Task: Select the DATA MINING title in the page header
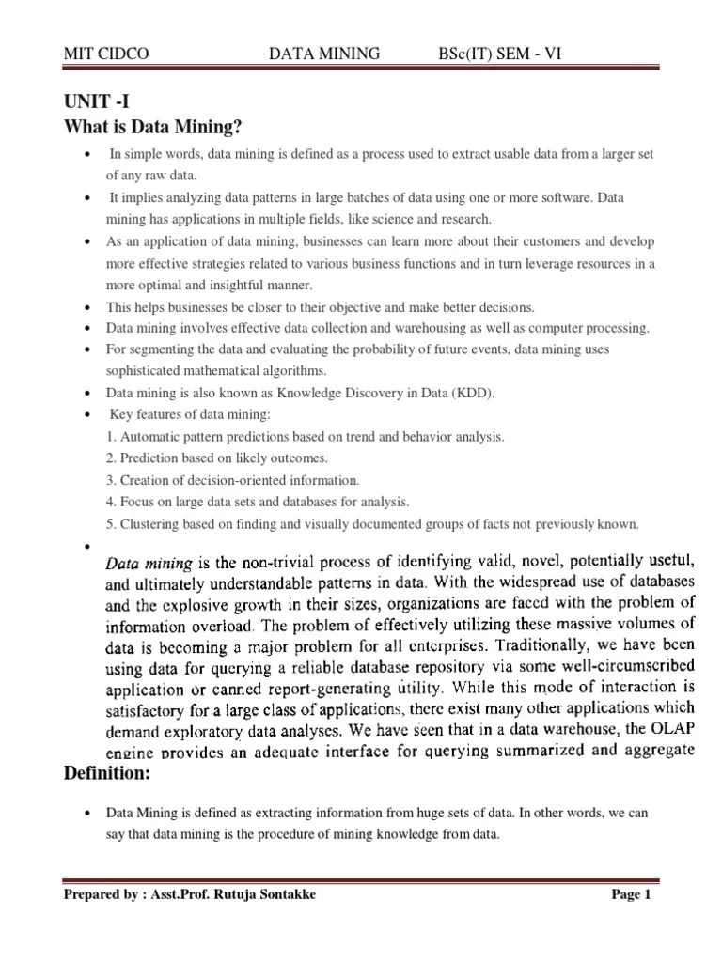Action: [324, 54]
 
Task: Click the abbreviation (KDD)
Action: [473, 393]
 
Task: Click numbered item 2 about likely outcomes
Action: [216, 458]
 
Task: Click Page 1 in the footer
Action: [631, 895]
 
